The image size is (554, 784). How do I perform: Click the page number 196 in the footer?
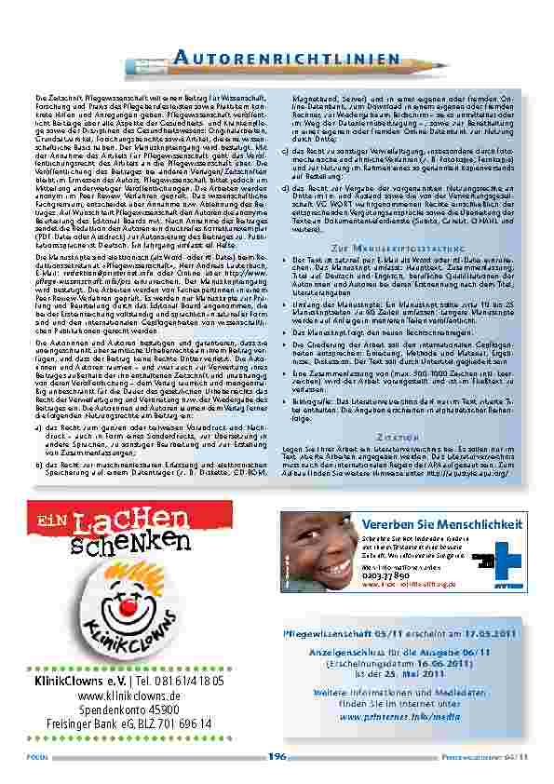(277, 757)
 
